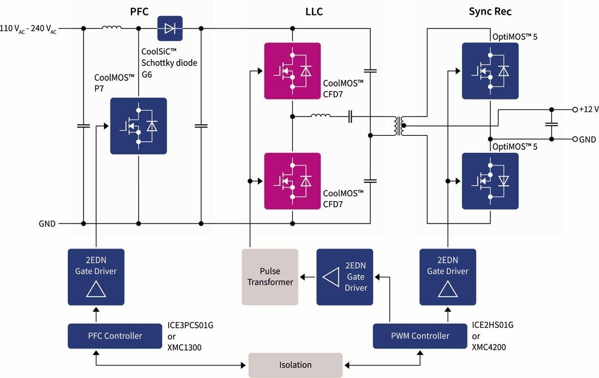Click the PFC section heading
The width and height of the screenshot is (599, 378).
pos(139,11)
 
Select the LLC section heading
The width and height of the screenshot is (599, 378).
pos(313,11)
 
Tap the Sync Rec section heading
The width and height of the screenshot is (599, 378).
pos(490,11)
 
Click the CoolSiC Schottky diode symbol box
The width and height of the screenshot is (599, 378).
pos(170,28)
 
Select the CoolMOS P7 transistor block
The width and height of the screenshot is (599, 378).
pos(138,126)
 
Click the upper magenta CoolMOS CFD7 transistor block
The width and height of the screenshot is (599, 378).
pos(293,70)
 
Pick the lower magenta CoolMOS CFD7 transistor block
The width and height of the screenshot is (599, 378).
pos(293,181)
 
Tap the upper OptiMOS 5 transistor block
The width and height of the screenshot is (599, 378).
pos(490,70)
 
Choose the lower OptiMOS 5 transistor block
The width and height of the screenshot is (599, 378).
pos(490,181)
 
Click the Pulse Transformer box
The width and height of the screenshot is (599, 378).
pos(270,277)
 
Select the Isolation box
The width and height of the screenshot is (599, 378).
pos(296,365)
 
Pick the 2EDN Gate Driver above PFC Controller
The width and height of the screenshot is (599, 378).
pos(96,277)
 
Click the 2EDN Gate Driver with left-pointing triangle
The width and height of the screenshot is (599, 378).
pos(344,277)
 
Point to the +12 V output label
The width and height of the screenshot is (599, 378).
pos(589,109)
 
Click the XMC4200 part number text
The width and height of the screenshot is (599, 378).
pos(489,347)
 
